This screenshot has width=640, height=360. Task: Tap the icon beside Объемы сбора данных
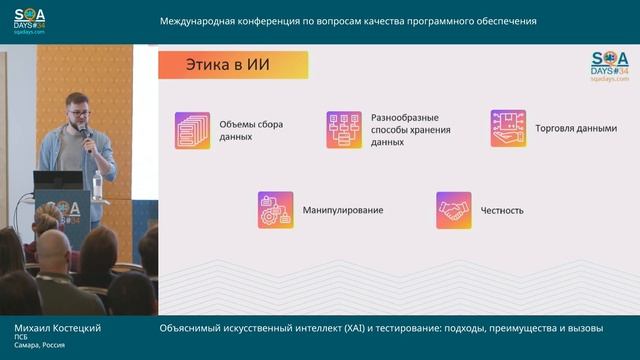[x=192, y=130]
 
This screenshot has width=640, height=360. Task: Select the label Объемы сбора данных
[x=251, y=130]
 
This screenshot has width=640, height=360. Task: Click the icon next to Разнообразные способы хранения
[x=343, y=130]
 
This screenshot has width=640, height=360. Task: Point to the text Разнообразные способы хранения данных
[x=410, y=130]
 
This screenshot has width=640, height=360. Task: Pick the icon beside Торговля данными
[x=508, y=129]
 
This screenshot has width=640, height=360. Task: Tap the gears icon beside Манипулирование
[x=275, y=210]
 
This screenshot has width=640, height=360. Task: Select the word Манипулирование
[x=342, y=211]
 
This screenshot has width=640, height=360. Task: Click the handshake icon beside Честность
[x=453, y=210]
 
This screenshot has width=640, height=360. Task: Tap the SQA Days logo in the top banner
[x=30, y=21]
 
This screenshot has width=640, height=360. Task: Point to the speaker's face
[x=76, y=109]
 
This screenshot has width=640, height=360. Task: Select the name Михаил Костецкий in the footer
[x=57, y=328]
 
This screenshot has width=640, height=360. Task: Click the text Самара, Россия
[x=40, y=345]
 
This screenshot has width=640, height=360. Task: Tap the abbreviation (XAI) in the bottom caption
[x=329, y=328]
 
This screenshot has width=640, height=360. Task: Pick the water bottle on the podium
[x=97, y=184]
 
